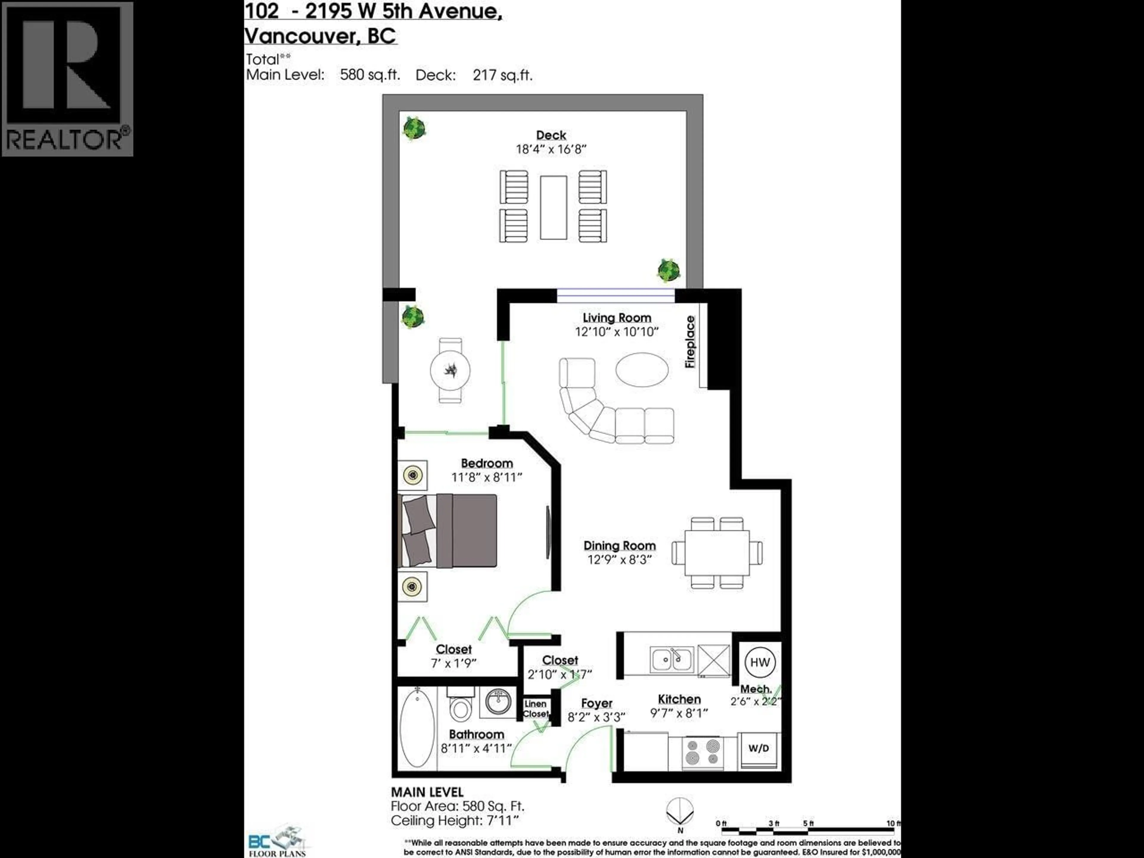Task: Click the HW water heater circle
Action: [x=760, y=663]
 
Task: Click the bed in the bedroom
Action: [x=449, y=531]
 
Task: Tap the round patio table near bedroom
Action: [x=450, y=370]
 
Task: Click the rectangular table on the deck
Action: [x=554, y=207]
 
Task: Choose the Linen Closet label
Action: [x=535, y=708]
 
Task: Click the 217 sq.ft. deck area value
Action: [x=502, y=75]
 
